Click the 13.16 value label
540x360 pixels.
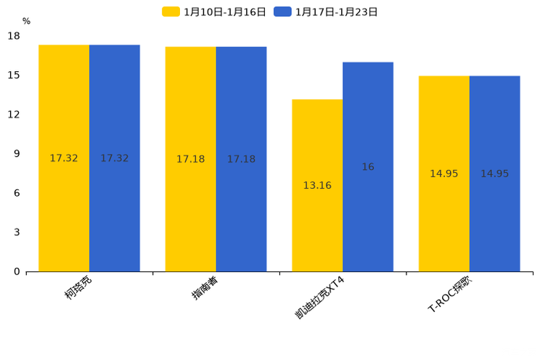(x=317, y=186)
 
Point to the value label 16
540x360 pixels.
(x=368, y=167)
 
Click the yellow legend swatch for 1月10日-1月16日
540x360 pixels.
(x=171, y=12)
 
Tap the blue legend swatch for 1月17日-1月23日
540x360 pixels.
(x=282, y=12)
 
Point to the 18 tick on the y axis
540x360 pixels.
(x=14, y=36)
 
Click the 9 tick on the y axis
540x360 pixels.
(x=17, y=154)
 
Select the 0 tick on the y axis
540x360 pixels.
(x=17, y=271)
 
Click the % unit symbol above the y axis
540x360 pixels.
(x=26, y=22)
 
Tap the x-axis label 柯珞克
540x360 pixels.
(x=78, y=287)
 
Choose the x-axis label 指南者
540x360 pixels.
(x=205, y=287)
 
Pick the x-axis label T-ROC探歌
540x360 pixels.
(x=450, y=293)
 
